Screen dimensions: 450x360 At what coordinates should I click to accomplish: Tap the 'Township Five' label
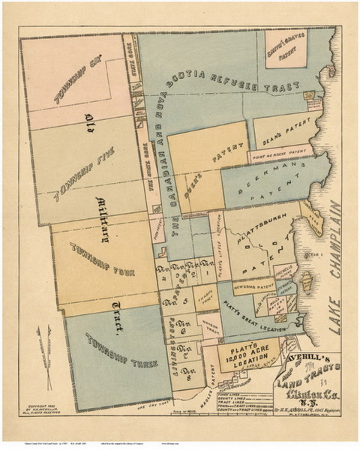88,172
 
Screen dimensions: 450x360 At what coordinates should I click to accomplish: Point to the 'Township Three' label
120,349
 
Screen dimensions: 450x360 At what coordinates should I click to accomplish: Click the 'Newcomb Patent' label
249,286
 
